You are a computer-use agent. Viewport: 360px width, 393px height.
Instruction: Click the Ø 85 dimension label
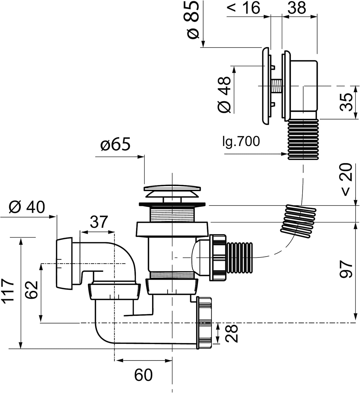[193, 20]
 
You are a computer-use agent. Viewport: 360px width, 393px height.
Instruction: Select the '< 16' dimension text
[243, 8]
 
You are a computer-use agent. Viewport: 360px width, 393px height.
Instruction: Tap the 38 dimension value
[297, 8]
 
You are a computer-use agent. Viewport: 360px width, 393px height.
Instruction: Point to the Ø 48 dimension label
[225, 95]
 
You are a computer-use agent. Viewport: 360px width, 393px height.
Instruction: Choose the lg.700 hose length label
[241, 141]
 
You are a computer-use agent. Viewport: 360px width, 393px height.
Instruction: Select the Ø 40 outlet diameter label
[27, 207]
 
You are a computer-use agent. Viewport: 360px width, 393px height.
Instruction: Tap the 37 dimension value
[99, 222]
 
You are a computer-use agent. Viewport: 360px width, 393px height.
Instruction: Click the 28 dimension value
[232, 333]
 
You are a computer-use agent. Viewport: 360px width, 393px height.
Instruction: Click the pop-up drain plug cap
[172, 189]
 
